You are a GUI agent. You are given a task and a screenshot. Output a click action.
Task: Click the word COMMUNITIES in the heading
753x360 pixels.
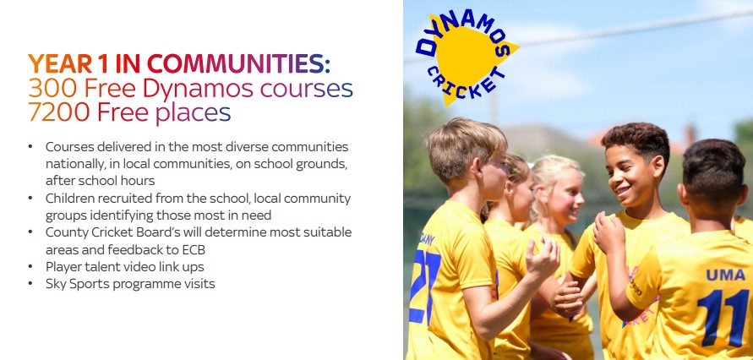(238, 64)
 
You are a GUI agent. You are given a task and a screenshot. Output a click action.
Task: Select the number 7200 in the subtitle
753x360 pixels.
(59, 112)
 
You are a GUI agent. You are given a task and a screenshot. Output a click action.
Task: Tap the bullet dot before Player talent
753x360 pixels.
(30, 266)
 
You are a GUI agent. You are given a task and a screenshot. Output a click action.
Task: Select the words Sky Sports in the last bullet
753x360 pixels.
(74, 284)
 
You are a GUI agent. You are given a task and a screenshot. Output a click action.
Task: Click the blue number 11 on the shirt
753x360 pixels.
(723, 317)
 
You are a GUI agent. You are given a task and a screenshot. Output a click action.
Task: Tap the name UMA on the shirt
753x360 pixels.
(725, 275)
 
